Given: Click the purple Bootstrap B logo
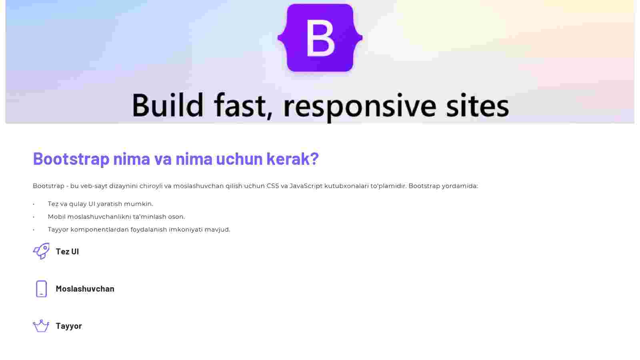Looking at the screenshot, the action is click(x=320, y=38).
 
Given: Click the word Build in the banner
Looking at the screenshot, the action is click(x=168, y=105).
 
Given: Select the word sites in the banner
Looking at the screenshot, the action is click(x=478, y=105).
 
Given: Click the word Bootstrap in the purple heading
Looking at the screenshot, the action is click(x=71, y=158).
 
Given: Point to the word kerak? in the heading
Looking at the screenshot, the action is click(x=292, y=158).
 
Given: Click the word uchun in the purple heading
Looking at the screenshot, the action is click(x=240, y=158).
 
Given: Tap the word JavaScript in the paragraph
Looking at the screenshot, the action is click(x=306, y=186).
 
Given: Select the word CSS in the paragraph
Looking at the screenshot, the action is click(x=272, y=186).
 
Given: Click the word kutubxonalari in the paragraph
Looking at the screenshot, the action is click(x=346, y=186).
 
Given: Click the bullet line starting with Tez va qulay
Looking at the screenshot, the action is click(x=100, y=204).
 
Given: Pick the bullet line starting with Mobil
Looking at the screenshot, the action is click(x=116, y=217).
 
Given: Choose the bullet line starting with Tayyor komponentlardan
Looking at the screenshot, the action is click(x=139, y=230).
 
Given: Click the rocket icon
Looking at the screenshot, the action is click(x=42, y=251).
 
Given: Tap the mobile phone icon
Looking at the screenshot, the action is click(x=42, y=289).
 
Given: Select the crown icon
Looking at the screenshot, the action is click(x=41, y=326).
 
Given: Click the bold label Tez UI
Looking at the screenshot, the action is click(x=68, y=252).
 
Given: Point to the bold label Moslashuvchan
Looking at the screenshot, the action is click(x=85, y=288).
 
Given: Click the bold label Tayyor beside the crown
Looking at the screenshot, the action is click(x=69, y=326).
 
